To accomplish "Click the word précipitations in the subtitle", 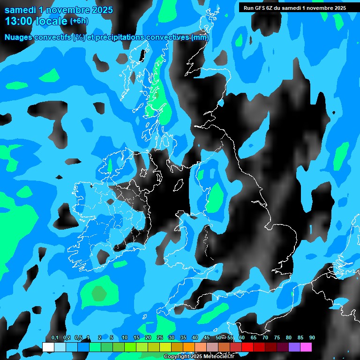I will [x=120, y=37].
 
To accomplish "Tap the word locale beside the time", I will [x=52, y=21].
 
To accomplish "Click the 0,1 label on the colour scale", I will [x=55, y=338].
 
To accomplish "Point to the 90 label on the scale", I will [x=312, y=338].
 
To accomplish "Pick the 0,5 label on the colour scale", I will [x=78, y=338].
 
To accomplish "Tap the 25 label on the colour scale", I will [x=160, y=338].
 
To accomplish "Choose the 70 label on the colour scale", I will [x=265, y=338].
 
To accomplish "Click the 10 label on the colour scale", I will [x=125, y=338].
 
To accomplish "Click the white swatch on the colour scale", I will [x=48, y=347].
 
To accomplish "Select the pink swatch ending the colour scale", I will [x=306, y=347].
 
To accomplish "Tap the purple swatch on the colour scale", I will [x=294, y=347].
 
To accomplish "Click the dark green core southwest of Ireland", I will [x=98, y=294].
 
